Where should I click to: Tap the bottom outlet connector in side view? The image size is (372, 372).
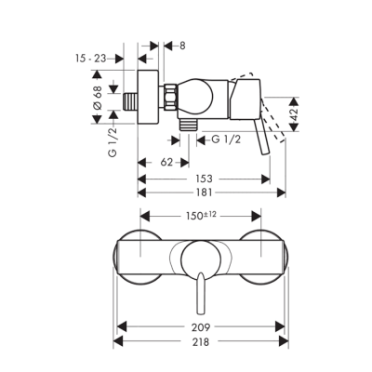coord(189,120)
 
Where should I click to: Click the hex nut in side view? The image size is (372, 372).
coord(173,96)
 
